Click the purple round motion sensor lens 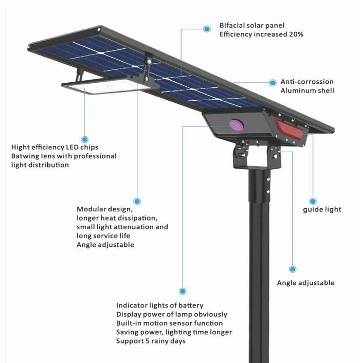click(236, 125)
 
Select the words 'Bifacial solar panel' click(251, 25)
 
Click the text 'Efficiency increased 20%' click(261, 34)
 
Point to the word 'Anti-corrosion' click(307, 82)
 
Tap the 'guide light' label click(321, 210)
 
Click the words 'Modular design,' click(105, 209)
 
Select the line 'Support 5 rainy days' click(151, 341)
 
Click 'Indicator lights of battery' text click(159, 305)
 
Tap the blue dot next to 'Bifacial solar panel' click(207, 29)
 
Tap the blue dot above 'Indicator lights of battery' click(182, 291)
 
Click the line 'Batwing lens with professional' click(64, 156)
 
